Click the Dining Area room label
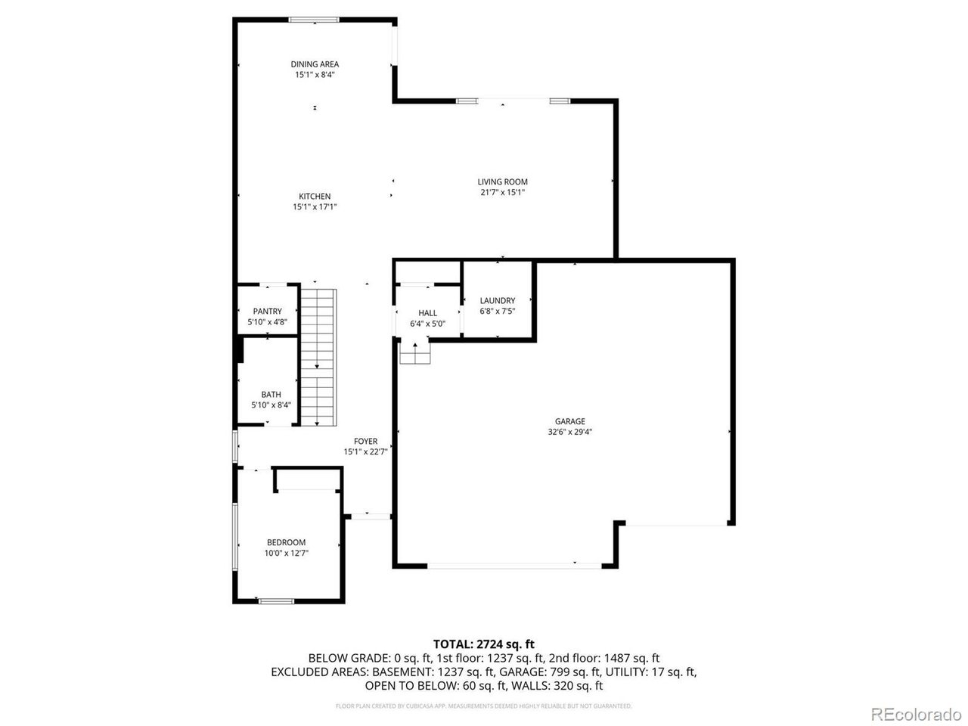click(315, 64)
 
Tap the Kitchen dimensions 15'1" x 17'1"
click(315, 206)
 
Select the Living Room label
click(502, 181)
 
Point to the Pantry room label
click(268, 311)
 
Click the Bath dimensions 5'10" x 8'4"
click(271, 405)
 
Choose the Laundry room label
click(497, 300)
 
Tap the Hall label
click(427, 313)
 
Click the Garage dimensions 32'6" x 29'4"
click(570, 433)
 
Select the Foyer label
click(366, 442)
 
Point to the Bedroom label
click(286, 542)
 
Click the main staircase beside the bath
click(318, 355)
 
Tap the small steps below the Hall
click(415, 354)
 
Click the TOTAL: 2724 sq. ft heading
click(484, 644)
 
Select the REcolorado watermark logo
click(914, 713)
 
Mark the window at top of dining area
click(315, 20)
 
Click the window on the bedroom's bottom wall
click(276, 601)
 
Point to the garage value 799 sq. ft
click(577, 672)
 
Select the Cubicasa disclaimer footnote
click(484, 706)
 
